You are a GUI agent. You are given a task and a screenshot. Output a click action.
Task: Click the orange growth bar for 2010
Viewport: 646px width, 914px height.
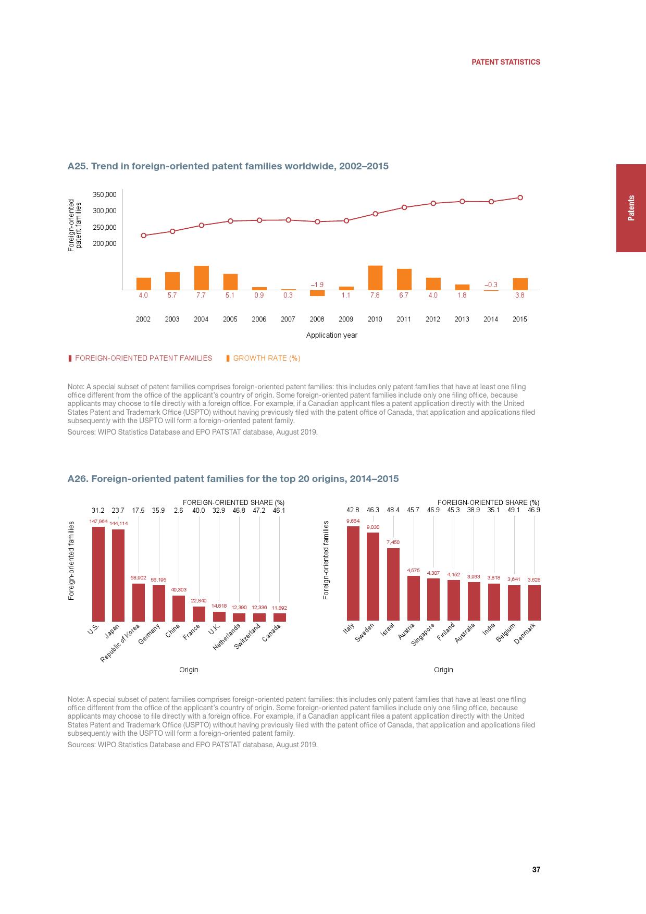click(375, 278)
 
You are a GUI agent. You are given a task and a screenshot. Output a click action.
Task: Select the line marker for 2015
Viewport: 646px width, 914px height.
click(520, 197)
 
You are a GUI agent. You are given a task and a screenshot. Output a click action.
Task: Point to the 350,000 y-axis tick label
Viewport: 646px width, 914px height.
click(105, 194)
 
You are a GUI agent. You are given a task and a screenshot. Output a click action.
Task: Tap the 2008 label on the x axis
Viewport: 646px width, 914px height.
click(317, 319)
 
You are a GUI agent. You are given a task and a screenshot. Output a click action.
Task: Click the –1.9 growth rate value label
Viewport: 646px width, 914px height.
click(317, 285)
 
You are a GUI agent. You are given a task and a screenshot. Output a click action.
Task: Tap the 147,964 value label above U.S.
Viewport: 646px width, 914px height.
click(98, 521)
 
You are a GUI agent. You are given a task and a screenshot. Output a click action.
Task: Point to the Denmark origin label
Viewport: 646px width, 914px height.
click(525, 634)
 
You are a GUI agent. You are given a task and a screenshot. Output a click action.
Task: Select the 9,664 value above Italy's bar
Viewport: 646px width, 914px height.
click(353, 521)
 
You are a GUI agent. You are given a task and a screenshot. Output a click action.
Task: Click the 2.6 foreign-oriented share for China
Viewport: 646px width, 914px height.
click(179, 510)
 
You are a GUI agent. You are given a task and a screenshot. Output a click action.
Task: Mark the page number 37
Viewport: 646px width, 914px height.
click(536, 870)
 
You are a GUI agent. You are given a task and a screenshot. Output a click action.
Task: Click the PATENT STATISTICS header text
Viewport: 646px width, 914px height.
click(505, 62)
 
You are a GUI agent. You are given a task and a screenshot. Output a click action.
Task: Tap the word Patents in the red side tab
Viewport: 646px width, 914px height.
click(631, 208)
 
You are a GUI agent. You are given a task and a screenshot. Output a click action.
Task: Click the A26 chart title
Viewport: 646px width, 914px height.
click(233, 478)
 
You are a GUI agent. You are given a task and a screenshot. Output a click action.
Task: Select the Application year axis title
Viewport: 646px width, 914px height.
click(331, 335)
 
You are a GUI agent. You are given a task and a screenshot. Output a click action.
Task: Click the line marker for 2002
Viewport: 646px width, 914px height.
click(144, 236)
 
